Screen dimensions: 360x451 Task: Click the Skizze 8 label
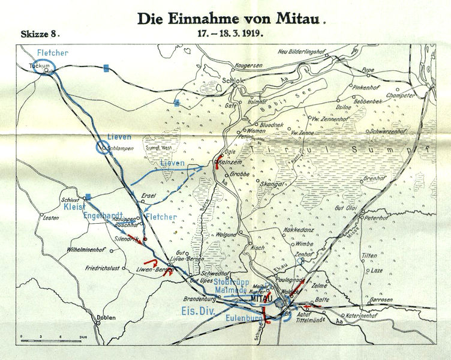40,35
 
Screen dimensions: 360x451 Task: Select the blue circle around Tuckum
44,67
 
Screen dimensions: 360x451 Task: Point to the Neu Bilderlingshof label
306,51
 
